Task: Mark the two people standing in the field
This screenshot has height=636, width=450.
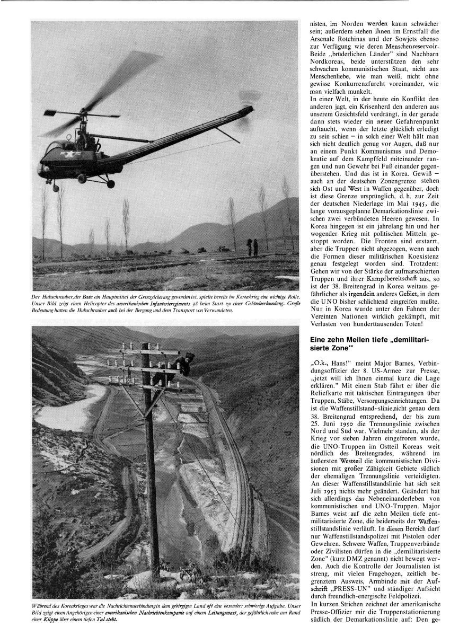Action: (252, 246)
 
